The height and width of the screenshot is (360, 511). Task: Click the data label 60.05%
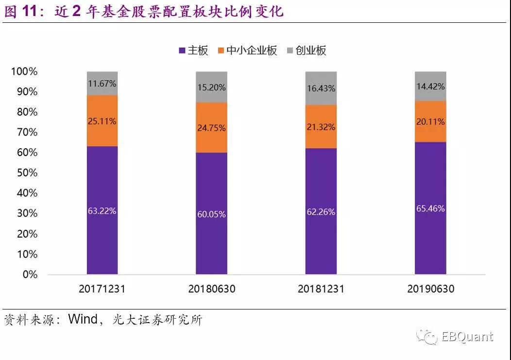point(211,214)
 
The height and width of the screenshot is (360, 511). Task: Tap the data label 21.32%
point(321,127)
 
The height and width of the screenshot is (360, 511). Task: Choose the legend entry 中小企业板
point(247,51)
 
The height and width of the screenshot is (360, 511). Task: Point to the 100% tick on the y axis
point(24,72)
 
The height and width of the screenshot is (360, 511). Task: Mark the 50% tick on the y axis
point(26,173)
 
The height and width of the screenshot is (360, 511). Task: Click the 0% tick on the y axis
point(30,274)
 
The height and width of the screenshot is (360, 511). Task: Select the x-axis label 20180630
point(211,289)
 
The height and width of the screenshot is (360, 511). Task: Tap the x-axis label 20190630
point(430,289)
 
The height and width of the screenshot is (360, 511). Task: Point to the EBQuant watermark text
point(467,337)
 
